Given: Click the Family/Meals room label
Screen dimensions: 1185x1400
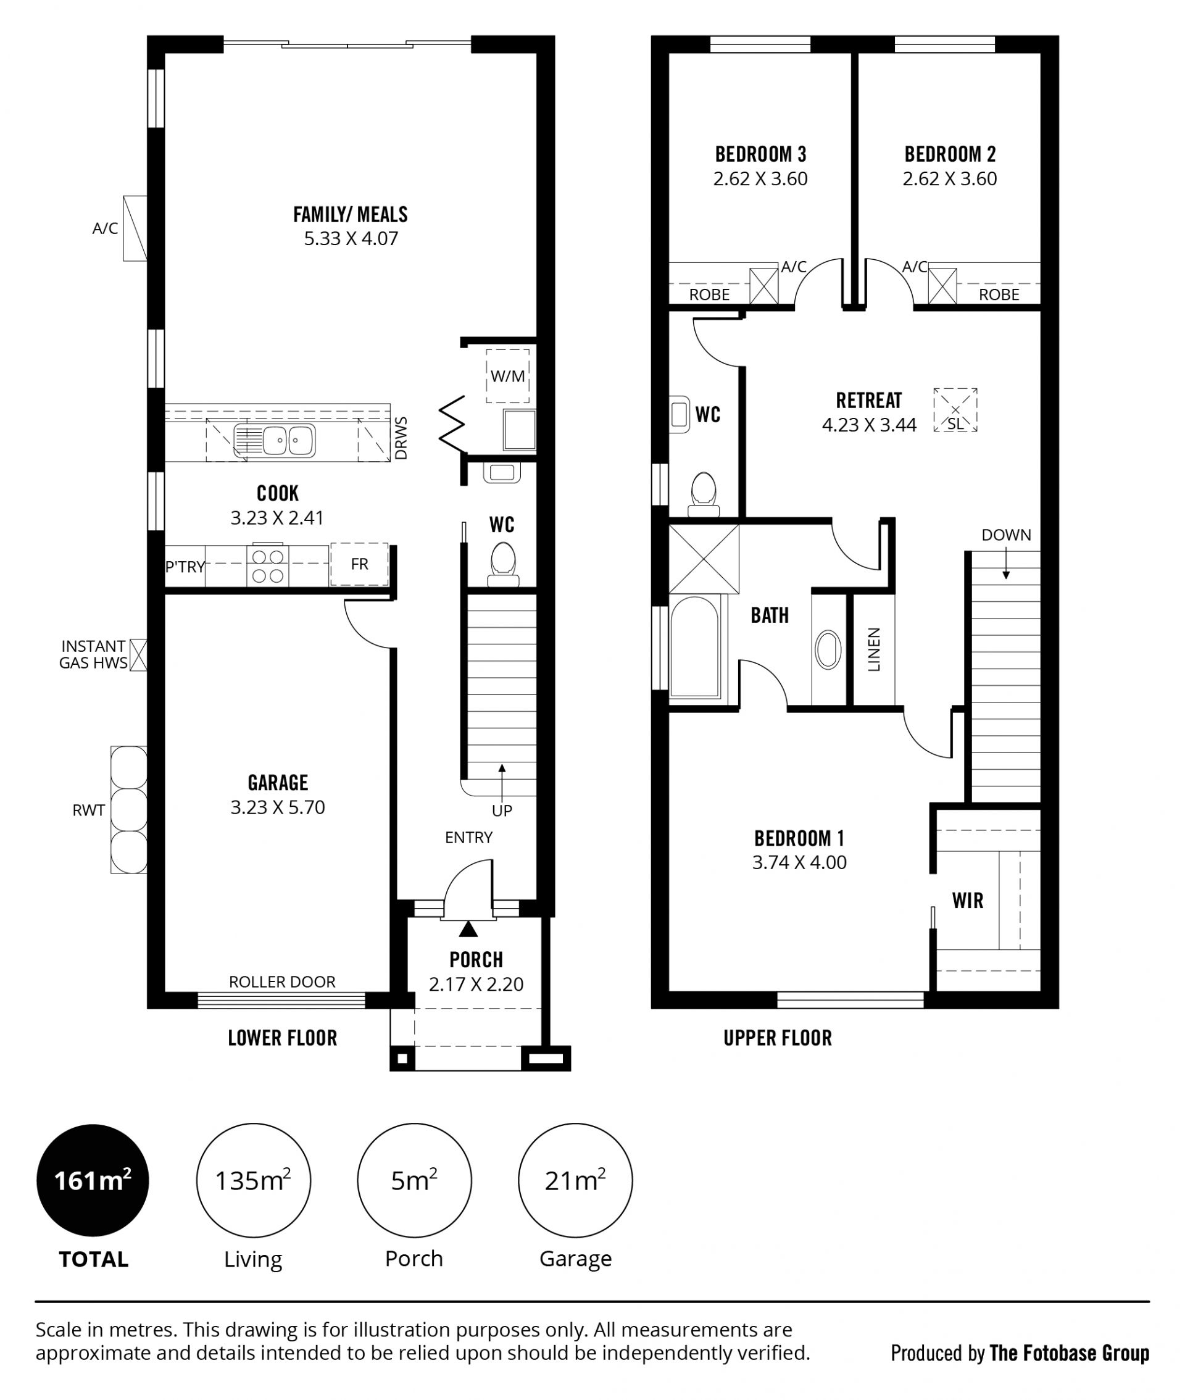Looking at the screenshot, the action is [350, 214].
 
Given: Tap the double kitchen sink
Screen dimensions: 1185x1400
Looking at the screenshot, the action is [275, 441].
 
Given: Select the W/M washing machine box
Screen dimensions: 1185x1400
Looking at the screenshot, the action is [508, 375].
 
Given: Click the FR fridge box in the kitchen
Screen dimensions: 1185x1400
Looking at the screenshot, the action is [359, 564].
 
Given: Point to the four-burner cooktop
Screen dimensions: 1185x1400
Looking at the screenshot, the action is [267, 565].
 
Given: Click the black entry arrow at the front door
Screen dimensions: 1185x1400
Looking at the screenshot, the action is [468, 929].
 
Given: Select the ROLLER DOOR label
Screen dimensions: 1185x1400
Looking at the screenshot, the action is [282, 981].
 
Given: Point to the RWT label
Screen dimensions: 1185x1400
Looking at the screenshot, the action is [89, 810].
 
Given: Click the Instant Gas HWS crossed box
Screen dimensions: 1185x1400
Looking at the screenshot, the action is [138, 655].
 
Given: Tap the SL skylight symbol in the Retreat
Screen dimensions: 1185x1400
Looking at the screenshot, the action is [955, 410].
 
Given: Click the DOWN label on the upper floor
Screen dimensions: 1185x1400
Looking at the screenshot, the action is [1005, 535].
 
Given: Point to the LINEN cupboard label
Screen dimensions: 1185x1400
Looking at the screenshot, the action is [874, 649].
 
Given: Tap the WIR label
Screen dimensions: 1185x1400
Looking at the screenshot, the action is [967, 900].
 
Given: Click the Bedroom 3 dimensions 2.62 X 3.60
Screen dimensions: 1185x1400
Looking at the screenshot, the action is [760, 178].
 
